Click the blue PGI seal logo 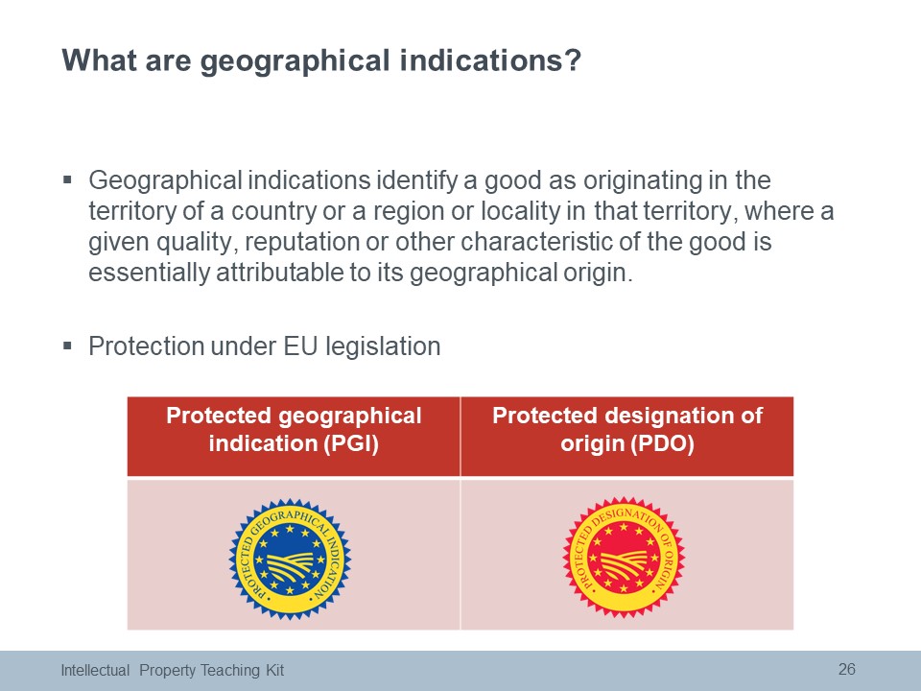[290, 559]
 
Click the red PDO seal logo [624, 558]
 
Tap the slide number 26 [846, 669]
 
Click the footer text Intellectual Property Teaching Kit [173, 671]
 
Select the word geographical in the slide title [295, 61]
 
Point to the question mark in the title [574, 60]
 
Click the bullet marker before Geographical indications [67, 179]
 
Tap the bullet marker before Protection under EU [67, 345]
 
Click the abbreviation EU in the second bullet [300, 346]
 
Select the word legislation [383, 347]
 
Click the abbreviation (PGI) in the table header [351, 443]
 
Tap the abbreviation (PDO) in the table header [663, 443]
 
